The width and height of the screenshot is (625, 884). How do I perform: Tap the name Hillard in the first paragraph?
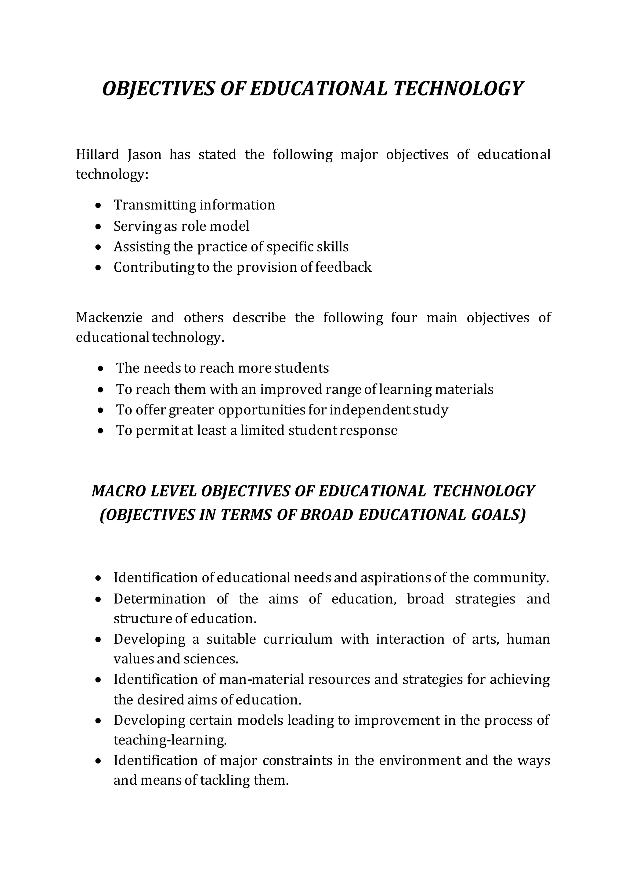[x=97, y=155]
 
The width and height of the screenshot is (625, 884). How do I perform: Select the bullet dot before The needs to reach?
[x=100, y=369]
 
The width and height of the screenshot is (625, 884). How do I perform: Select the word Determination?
[x=159, y=599]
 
